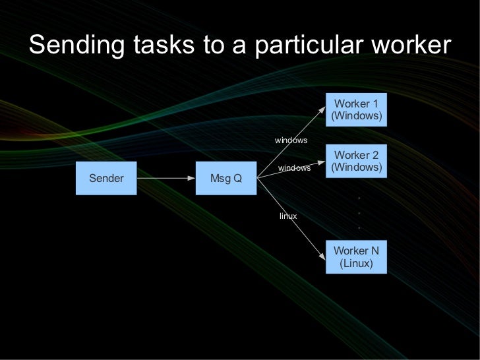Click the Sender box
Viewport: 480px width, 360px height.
[106, 178]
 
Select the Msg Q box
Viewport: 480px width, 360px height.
[225, 178]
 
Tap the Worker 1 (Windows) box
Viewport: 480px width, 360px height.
[356, 109]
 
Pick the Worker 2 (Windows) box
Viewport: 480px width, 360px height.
[356, 161]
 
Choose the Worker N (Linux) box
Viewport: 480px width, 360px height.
[356, 257]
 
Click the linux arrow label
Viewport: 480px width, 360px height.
[288, 216]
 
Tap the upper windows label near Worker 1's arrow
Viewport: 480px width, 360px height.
[291, 140]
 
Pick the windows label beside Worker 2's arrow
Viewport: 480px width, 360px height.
[294, 168]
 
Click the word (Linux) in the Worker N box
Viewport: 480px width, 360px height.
[356, 264]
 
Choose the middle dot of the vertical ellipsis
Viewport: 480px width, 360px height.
[359, 213]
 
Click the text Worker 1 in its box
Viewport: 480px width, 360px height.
[356, 104]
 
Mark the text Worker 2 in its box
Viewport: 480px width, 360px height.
[356, 155]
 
